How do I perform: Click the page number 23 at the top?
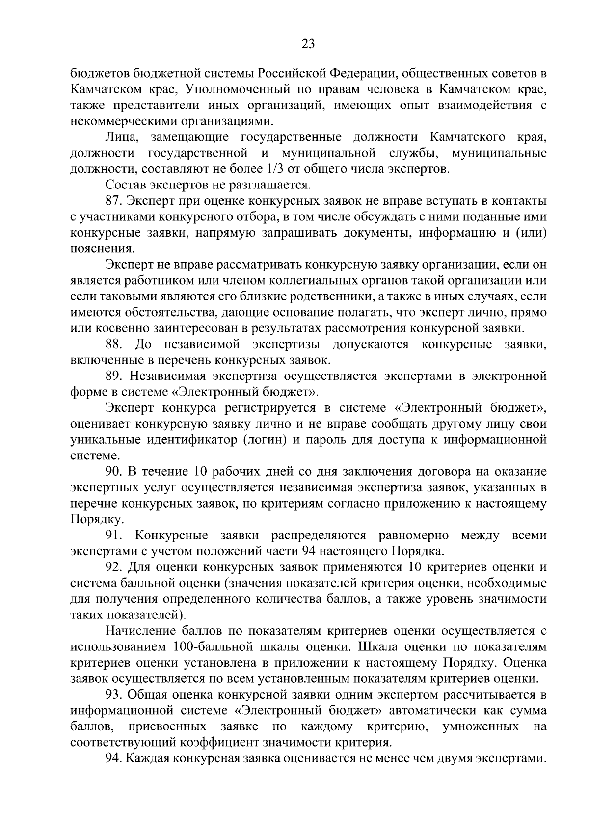click(x=308, y=44)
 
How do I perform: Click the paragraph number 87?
click(x=113, y=201)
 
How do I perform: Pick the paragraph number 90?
click(x=113, y=472)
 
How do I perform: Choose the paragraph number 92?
click(x=113, y=567)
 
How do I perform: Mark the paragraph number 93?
click(x=113, y=695)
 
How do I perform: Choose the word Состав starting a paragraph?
click(x=123, y=185)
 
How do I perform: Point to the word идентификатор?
click(x=192, y=440)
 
